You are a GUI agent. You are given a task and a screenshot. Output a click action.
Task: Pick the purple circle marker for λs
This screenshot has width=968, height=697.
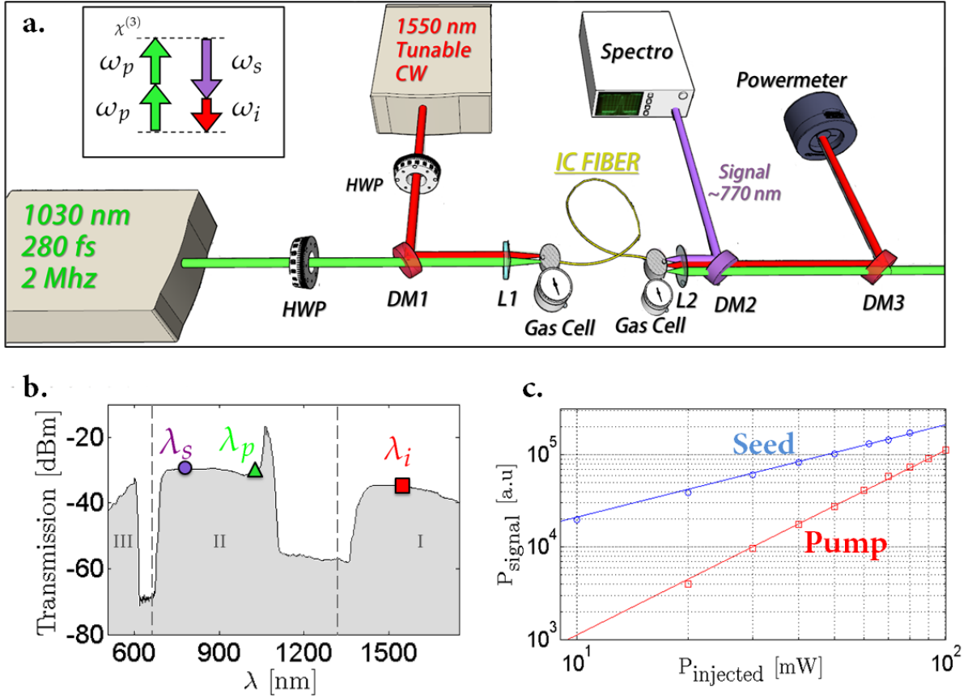(185, 467)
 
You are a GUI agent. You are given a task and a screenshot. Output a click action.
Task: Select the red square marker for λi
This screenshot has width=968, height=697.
(402, 486)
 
